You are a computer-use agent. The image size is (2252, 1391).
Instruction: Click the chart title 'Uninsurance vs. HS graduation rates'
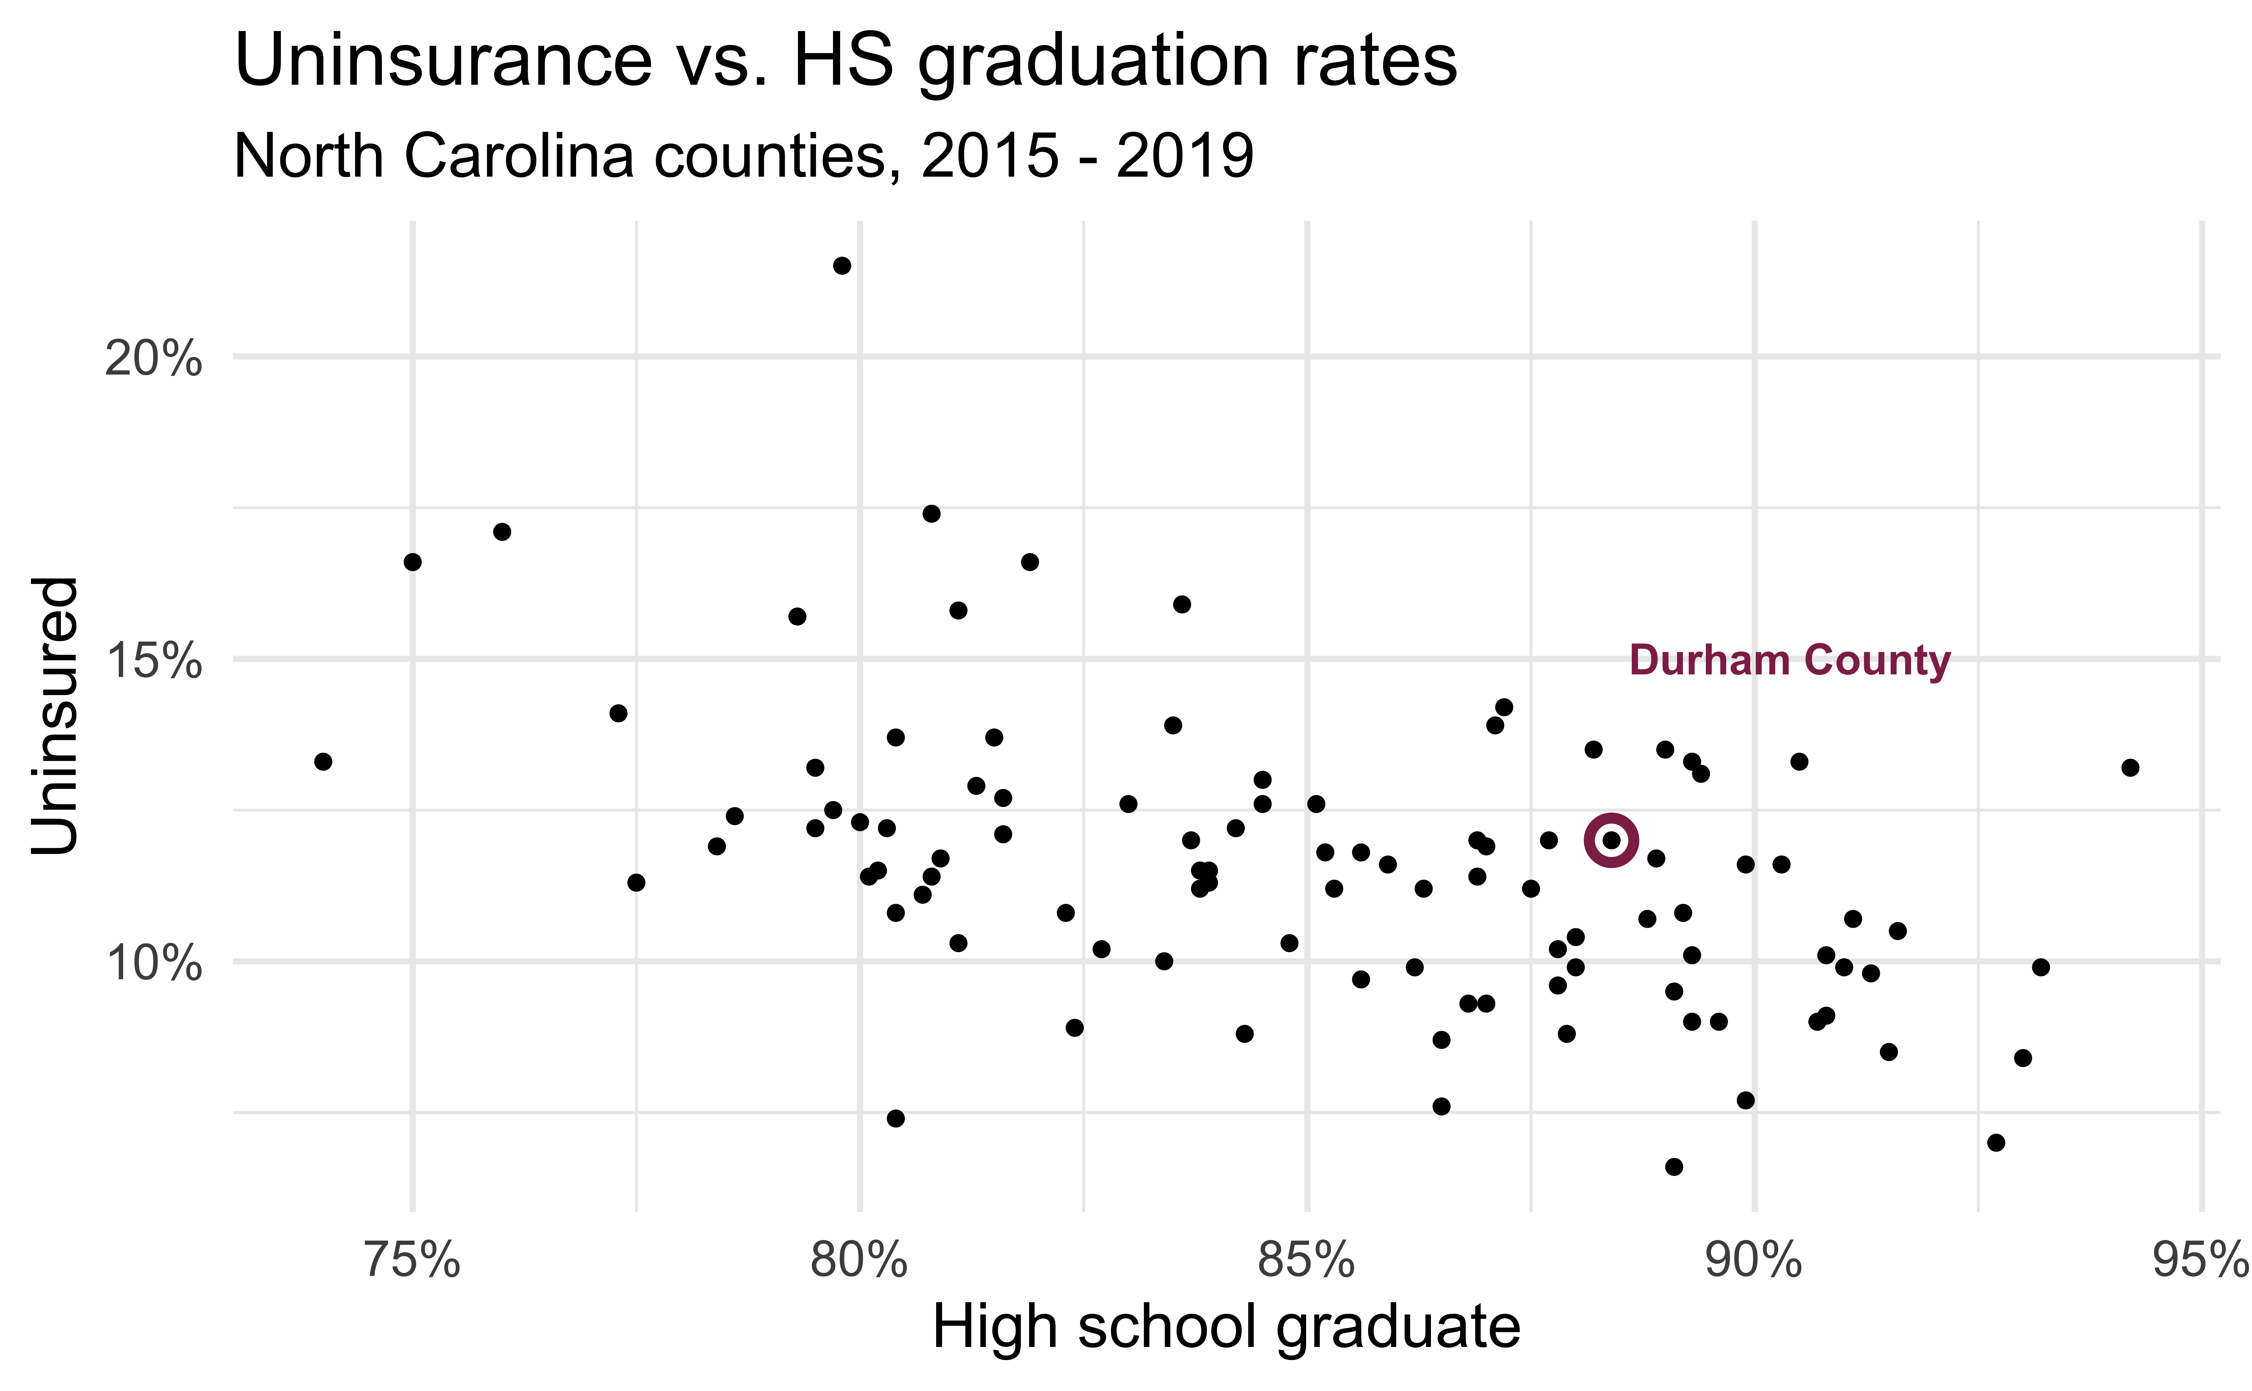(x=845, y=61)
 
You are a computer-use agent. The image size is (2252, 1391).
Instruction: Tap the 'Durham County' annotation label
(x=1789, y=661)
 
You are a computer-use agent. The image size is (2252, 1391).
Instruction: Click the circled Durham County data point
(x=1610, y=840)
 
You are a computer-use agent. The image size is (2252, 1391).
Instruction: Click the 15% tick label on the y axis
(x=153, y=661)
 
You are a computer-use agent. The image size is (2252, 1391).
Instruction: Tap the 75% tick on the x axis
(x=412, y=1260)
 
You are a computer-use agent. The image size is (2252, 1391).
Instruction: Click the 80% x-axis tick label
(x=860, y=1260)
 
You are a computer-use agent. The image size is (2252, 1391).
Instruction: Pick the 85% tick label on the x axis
(x=1307, y=1260)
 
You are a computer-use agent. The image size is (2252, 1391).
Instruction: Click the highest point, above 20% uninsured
(x=841, y=266)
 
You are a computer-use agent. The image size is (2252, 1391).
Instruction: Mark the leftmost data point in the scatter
(x=323, y=761)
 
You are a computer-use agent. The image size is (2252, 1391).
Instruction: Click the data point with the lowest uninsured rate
(x=1674, y=1167)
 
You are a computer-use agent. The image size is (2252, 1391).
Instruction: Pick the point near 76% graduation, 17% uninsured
(x=502, y=532)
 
